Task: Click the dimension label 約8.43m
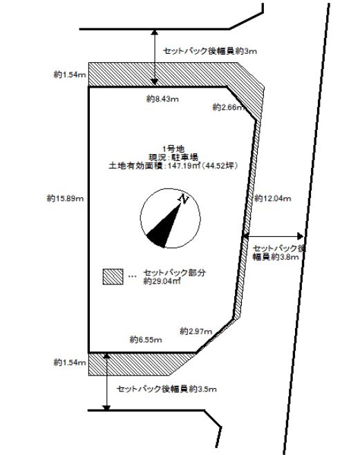[162, 99]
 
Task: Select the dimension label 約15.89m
[66, 198]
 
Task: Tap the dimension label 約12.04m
[273, 198]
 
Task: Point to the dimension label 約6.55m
[146, 340]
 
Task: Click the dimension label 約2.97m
[196, 331]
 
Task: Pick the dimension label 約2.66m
[229, 108]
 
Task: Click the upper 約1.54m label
[70, 75]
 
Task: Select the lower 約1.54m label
[70, 362]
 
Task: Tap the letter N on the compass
[184, 199]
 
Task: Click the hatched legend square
[113, 277]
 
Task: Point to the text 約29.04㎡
[162, 281]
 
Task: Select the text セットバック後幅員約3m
[210, 51]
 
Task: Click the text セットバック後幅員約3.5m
[167, 389]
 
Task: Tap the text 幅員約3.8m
[276, 257]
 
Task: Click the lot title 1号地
[173, 149]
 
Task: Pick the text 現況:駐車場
[173, 157]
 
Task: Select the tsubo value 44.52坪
[220, 166]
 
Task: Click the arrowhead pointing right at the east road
[300, 237]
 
